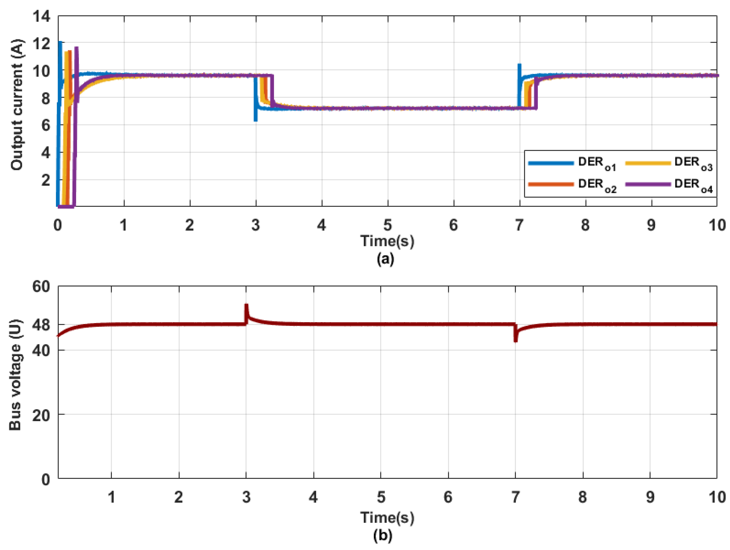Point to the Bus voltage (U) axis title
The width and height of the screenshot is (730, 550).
15,375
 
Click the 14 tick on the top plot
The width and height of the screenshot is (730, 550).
41,16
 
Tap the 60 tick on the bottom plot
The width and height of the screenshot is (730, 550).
41,286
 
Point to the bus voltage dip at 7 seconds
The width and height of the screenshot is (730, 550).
515,339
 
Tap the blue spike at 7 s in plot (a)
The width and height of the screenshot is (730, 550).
519,66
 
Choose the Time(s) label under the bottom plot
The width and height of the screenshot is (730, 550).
387,517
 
